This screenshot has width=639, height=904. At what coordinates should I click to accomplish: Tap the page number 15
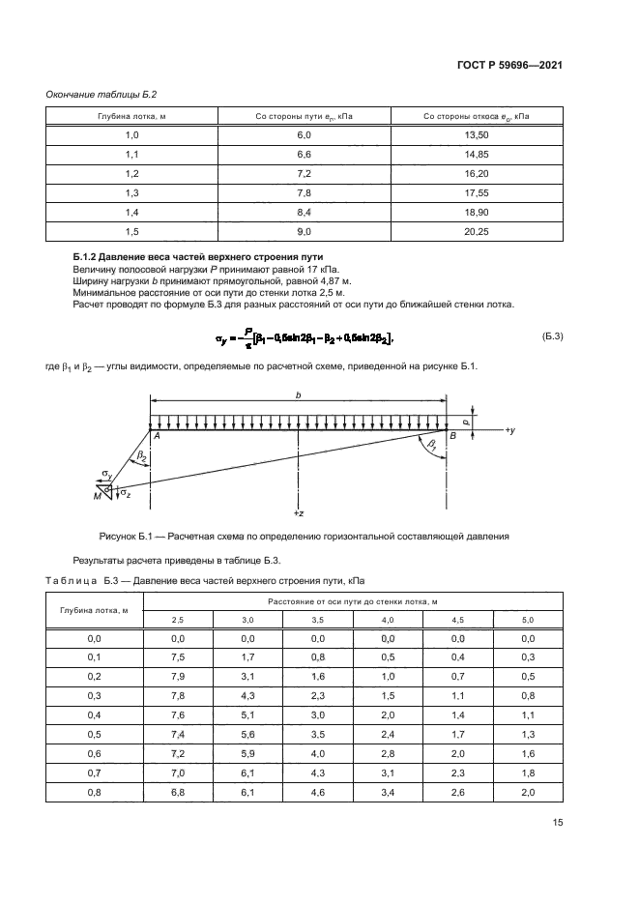pyautogui.click(x=557, y=824)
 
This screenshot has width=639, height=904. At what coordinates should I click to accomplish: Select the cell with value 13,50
pyautogui.click(x=477, y=135)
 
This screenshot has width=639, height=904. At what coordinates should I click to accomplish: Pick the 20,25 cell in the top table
pyautogui.click(x=477, y=231)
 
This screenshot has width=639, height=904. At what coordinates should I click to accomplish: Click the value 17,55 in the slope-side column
pyautogui.click(x=477, y=192)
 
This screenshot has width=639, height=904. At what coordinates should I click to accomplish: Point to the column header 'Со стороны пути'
pyautogui.click(x=304, y=117)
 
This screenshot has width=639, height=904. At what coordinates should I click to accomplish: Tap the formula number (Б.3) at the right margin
pyautogui.click(x=552, y=335)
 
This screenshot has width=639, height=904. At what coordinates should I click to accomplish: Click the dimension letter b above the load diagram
pyautogui.click(x=298, y=395)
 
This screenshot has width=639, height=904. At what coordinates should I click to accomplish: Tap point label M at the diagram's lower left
pyautogui.click(x=97, y=496)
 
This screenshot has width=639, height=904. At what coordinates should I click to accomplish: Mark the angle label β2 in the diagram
pyautogui.click(x=141, y=453)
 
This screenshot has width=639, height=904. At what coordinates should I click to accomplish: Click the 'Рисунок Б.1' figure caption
pyautogui.click(x=304, y=536)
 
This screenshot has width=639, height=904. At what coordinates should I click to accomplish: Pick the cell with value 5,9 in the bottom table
pyautogui.click(x=247, y=753)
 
